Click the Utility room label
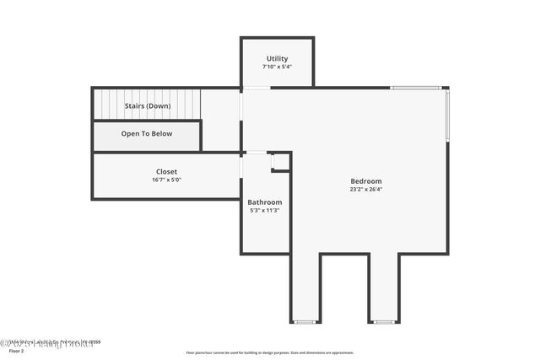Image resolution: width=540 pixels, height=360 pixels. pyautogui.click(x=277, y=59)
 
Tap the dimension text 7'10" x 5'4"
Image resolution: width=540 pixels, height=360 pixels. pyautogui.click(x=277, y=67)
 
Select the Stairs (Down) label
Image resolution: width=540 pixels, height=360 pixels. pyautogui.click(x=148, y=106)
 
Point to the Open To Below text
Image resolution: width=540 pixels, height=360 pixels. pyautogui.click(x=147, y=134)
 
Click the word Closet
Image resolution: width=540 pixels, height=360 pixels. pyautogui.click(x=166, y=172)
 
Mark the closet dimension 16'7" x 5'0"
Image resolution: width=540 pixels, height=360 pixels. pyautogui.click(x=166, y=180)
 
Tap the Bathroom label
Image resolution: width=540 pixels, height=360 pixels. pyautogui.click(x=265, y=202)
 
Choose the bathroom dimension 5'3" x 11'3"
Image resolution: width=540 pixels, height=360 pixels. pyautogui.click(x=265, y=211)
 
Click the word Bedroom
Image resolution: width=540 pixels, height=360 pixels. pyautogui.click(x=366, y=181)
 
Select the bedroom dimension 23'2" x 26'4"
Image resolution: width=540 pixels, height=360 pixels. pyautogui.click(x=366, y=190)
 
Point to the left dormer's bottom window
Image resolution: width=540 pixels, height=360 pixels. pyautogui.click(x=305, y=322)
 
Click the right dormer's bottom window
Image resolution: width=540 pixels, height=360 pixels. pyautogui.click(x=384, y=322)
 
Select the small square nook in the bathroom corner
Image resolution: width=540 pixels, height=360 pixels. pyautogui.click(x=280, y=162)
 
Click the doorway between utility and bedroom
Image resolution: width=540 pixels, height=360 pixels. pyautogui.click(x=257, y=87)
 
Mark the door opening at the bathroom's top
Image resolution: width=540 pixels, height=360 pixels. pyautogui.click(x=255, y=153)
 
